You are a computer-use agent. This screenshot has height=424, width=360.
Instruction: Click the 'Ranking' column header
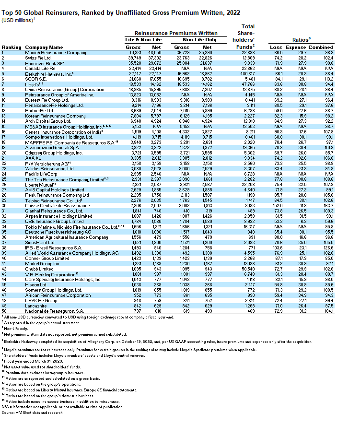11,47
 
